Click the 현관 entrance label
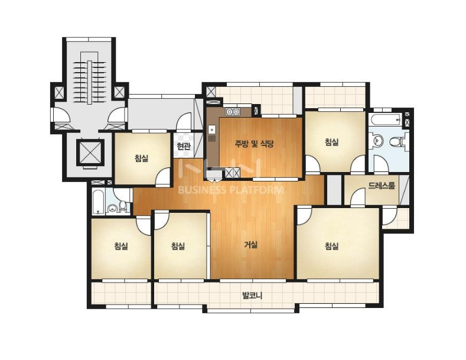coord(183,147)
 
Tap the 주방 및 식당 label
coord(254,144)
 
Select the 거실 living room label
coord(251,245)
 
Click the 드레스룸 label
coord(382,186)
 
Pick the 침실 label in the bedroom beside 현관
coord(142,158)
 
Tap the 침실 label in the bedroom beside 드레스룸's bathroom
coord(332,142)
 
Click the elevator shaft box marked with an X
coord(89,152)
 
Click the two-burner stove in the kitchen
coord(233,112)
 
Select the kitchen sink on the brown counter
coord(211,129)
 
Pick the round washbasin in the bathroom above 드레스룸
coord(377,140)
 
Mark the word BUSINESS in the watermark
coord(201,190)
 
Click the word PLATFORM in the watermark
coord(256,190)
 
